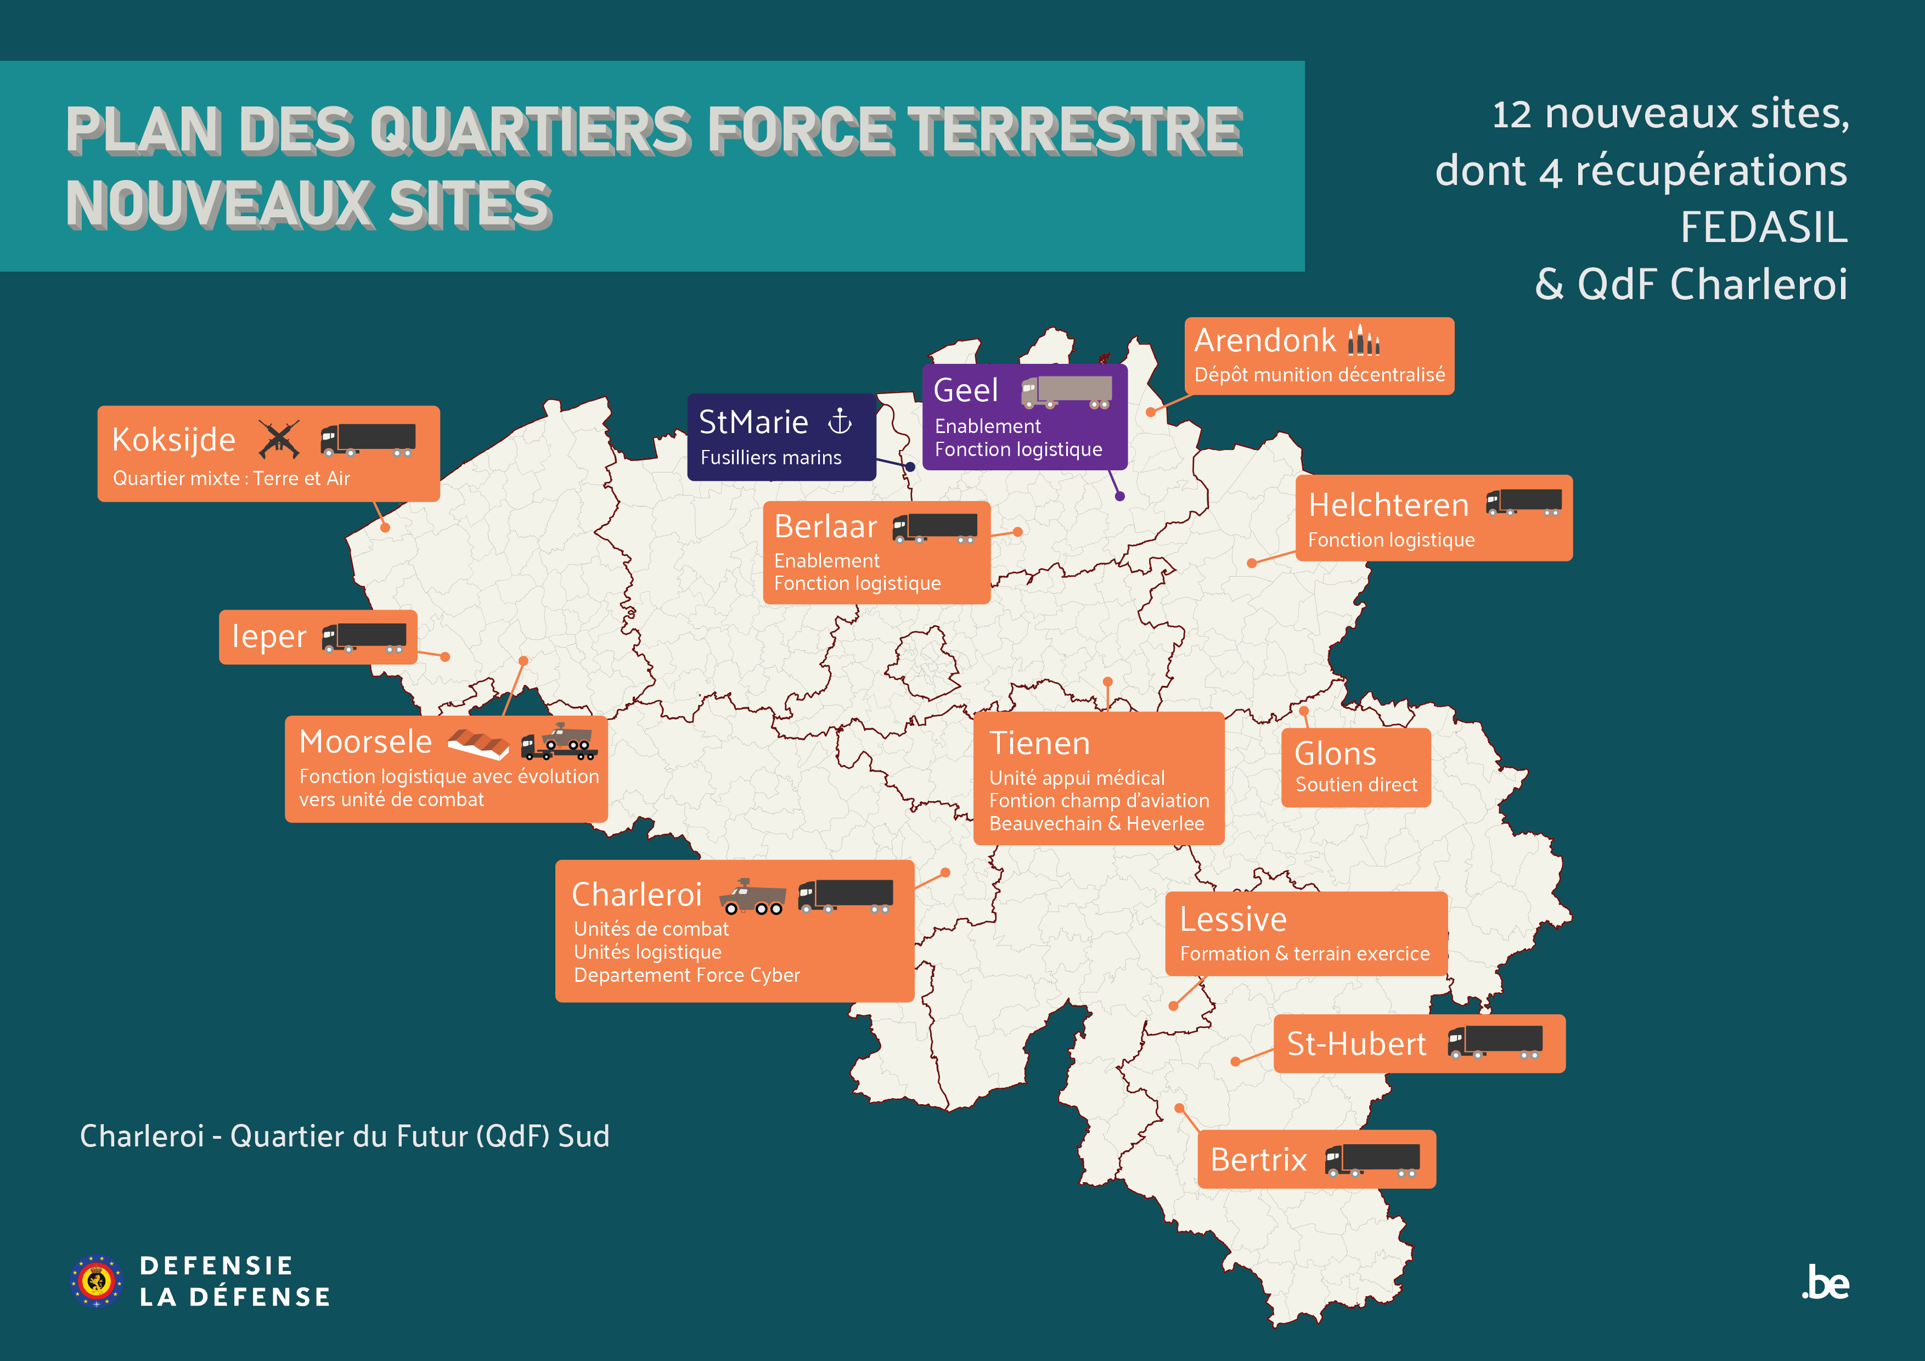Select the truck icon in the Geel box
[1066, 392]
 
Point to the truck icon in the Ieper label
[365, 637]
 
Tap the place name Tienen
[1040, 744]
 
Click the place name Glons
[1335, 754]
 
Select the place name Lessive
[1232, 920]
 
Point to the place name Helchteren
[1388, 505]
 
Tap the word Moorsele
[365, 742]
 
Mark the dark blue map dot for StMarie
[910, 466]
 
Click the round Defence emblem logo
[97, 1280]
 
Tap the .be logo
[1825, 1284]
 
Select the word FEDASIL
[1763, 227]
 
